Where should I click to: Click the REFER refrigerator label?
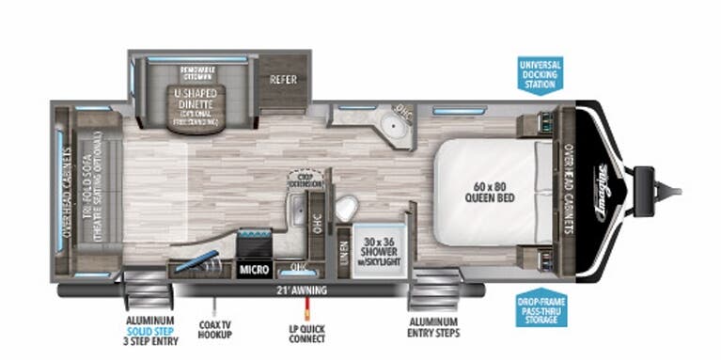(283, 80)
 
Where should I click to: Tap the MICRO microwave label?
(254, 270)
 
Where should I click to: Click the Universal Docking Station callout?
(541, 75)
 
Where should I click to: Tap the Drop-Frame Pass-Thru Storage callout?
(541, 311)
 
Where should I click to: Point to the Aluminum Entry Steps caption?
(433, 326)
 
